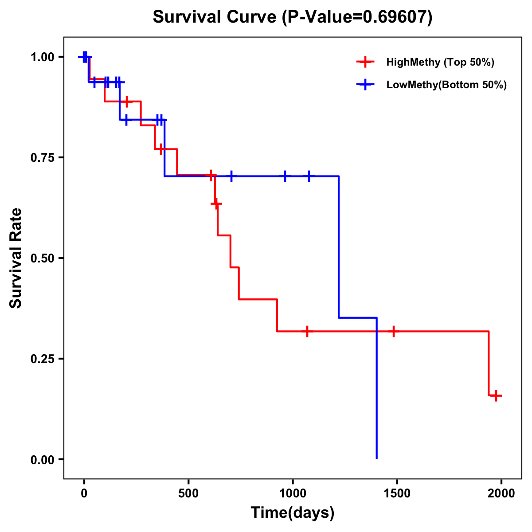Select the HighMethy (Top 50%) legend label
(440, 62)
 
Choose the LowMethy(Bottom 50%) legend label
(446, 85)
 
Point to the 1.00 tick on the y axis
(42, 57)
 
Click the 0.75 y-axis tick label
(42, 157)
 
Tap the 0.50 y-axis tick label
(42, 258)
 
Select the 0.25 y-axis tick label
(42, 359)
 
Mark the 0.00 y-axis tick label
(42, 459)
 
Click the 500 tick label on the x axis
(188, 493)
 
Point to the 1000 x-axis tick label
(293, 493)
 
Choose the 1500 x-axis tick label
(397, 493)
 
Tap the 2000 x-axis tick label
(501, 493)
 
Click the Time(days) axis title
(293, 512)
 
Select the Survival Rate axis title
(16, 258)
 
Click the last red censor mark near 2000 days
(496, 395)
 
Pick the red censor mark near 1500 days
(393, 331)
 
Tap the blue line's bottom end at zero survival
(376, 458)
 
